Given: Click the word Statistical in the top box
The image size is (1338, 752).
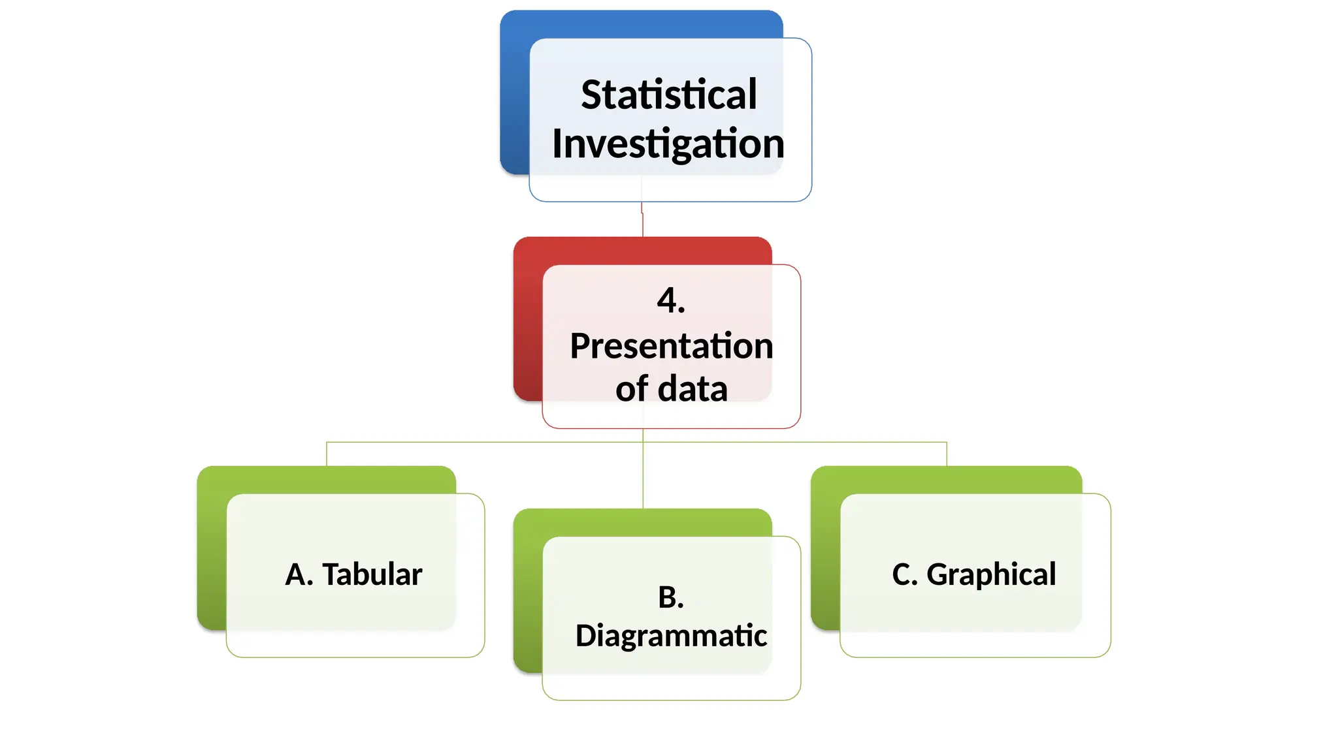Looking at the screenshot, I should (x=668, y=95).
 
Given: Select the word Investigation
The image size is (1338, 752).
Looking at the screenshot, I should (x=668, y=144).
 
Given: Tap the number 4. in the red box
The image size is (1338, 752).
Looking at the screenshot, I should (x=671, y=301).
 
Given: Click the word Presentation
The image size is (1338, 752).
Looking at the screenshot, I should (x=671, y=346).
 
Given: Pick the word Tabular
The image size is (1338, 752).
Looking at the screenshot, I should (x=372, y=574).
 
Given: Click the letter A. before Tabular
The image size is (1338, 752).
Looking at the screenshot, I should (x=299, y=574).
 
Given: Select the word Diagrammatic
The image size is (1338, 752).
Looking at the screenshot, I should (x=671, y=636).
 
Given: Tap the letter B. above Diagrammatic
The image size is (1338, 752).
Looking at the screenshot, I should (x=671, y=597).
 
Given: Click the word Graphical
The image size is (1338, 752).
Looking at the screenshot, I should (x=991, y=574).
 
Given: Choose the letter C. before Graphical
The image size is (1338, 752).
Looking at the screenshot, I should (x=905, y=574).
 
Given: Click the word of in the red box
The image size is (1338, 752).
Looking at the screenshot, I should (x=631, y=389).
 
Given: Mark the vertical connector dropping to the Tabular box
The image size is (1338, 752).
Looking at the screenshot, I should (x=327, y=454).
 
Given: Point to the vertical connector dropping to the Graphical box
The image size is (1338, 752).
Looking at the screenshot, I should (x=947, y=454).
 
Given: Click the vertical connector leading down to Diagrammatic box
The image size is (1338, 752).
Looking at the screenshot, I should (x=643, y=477).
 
